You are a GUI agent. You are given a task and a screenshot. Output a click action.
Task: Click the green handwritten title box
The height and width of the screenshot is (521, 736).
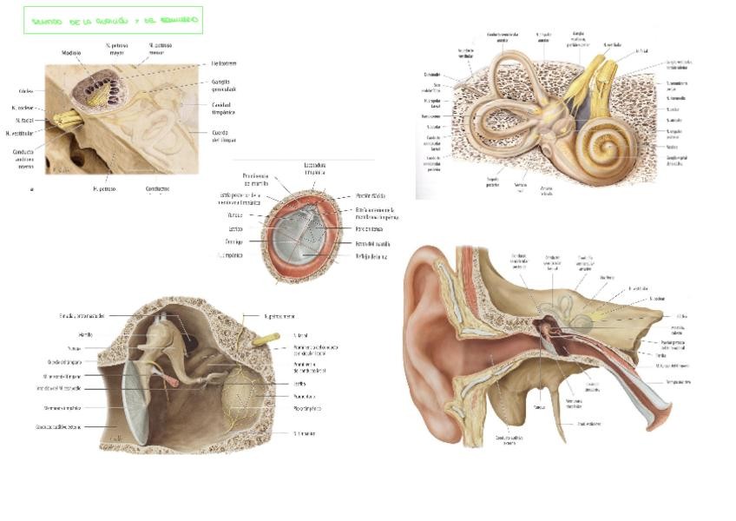click(113, 20)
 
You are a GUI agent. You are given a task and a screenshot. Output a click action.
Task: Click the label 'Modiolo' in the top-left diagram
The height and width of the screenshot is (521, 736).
click(71, 53)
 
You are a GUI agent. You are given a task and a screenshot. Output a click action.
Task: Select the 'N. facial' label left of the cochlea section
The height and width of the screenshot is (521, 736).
click(25, 121)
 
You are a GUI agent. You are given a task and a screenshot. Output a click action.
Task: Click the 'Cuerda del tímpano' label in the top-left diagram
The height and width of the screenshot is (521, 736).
click(224, 135)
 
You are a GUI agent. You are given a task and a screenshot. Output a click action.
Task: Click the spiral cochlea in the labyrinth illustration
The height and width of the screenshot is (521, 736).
click(598, 143)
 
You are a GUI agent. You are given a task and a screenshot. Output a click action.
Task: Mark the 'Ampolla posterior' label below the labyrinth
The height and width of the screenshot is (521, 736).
click(493, 182)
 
